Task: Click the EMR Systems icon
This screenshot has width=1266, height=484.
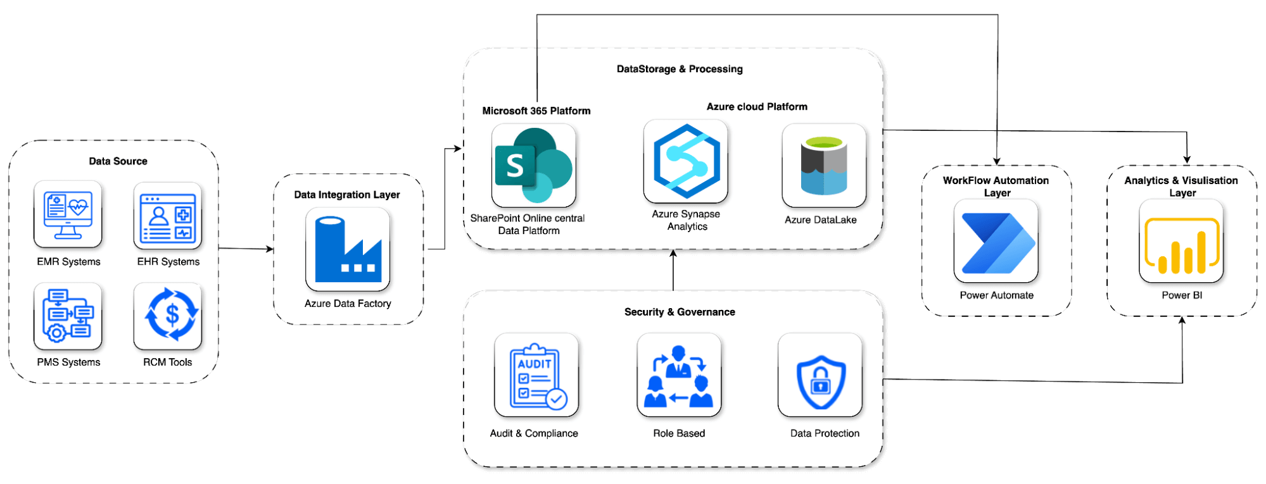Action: tap(68, 214)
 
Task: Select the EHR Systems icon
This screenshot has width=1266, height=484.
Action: tap(168, 216)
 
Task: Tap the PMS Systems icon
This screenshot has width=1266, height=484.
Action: tap(68, 316)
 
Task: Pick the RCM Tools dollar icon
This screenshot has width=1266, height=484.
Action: tap(168, 316)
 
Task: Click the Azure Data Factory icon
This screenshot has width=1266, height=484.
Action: tap(348, 249)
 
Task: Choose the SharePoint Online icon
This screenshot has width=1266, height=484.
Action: tap(534, 165)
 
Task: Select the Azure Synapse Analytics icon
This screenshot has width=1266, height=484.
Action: tap(686, 161)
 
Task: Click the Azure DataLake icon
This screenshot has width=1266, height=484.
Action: tap(824, 165)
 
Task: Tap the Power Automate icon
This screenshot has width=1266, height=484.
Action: tap(996, 241)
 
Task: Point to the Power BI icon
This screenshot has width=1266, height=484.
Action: tap(1181, 241)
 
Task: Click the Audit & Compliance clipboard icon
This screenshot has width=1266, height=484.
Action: tap(536, 375)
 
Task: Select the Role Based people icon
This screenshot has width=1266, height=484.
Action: tap(679, 375)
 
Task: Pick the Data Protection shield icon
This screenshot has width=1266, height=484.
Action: tap(820, 375)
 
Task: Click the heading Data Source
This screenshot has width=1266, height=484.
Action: tap(118, 161)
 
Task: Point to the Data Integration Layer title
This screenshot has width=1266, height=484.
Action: tap(347, 195)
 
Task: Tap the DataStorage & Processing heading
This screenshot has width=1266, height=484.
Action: tap(680, 69)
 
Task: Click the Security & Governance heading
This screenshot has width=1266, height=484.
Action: tap(680, 312)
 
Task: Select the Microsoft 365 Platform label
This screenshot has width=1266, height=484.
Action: tap(536, 111)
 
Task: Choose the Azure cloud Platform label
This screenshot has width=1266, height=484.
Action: tap(757, 107)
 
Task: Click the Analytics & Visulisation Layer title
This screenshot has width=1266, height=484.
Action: tap(1181, 187)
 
